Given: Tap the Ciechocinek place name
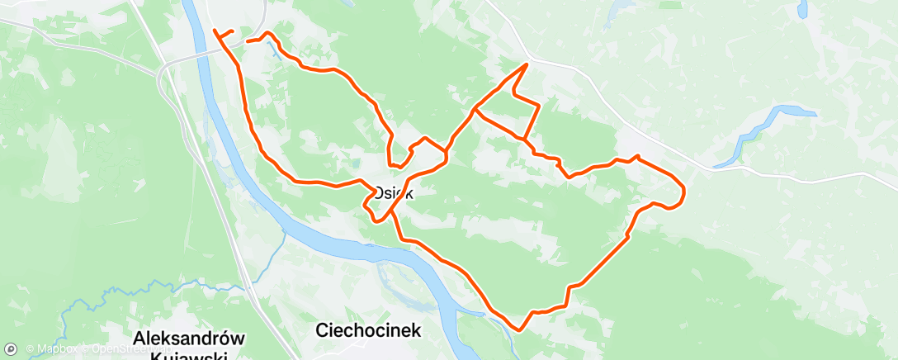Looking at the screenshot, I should point(368,330).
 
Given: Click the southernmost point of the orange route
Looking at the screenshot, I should point(518,329).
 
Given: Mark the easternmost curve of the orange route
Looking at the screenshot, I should point(684,193).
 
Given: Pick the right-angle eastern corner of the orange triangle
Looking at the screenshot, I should point(538,105).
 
